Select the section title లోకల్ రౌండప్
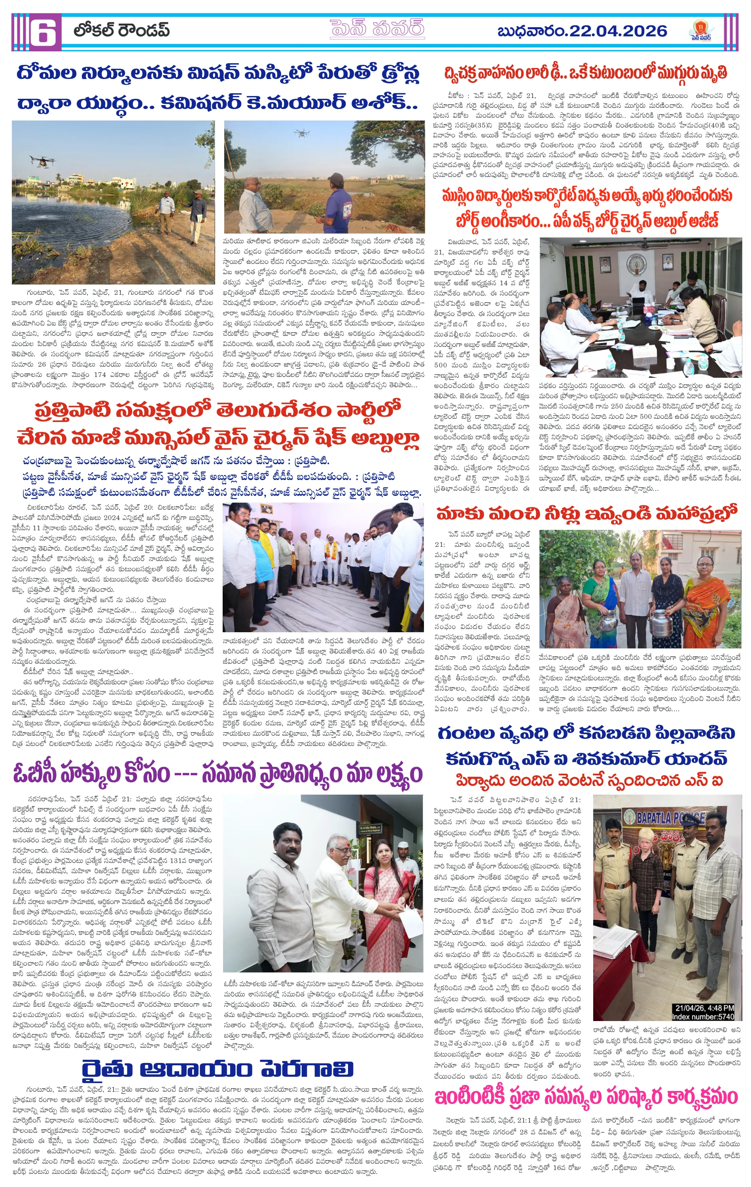122,30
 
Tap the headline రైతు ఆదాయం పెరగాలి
218,1069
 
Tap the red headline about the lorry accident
586,72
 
